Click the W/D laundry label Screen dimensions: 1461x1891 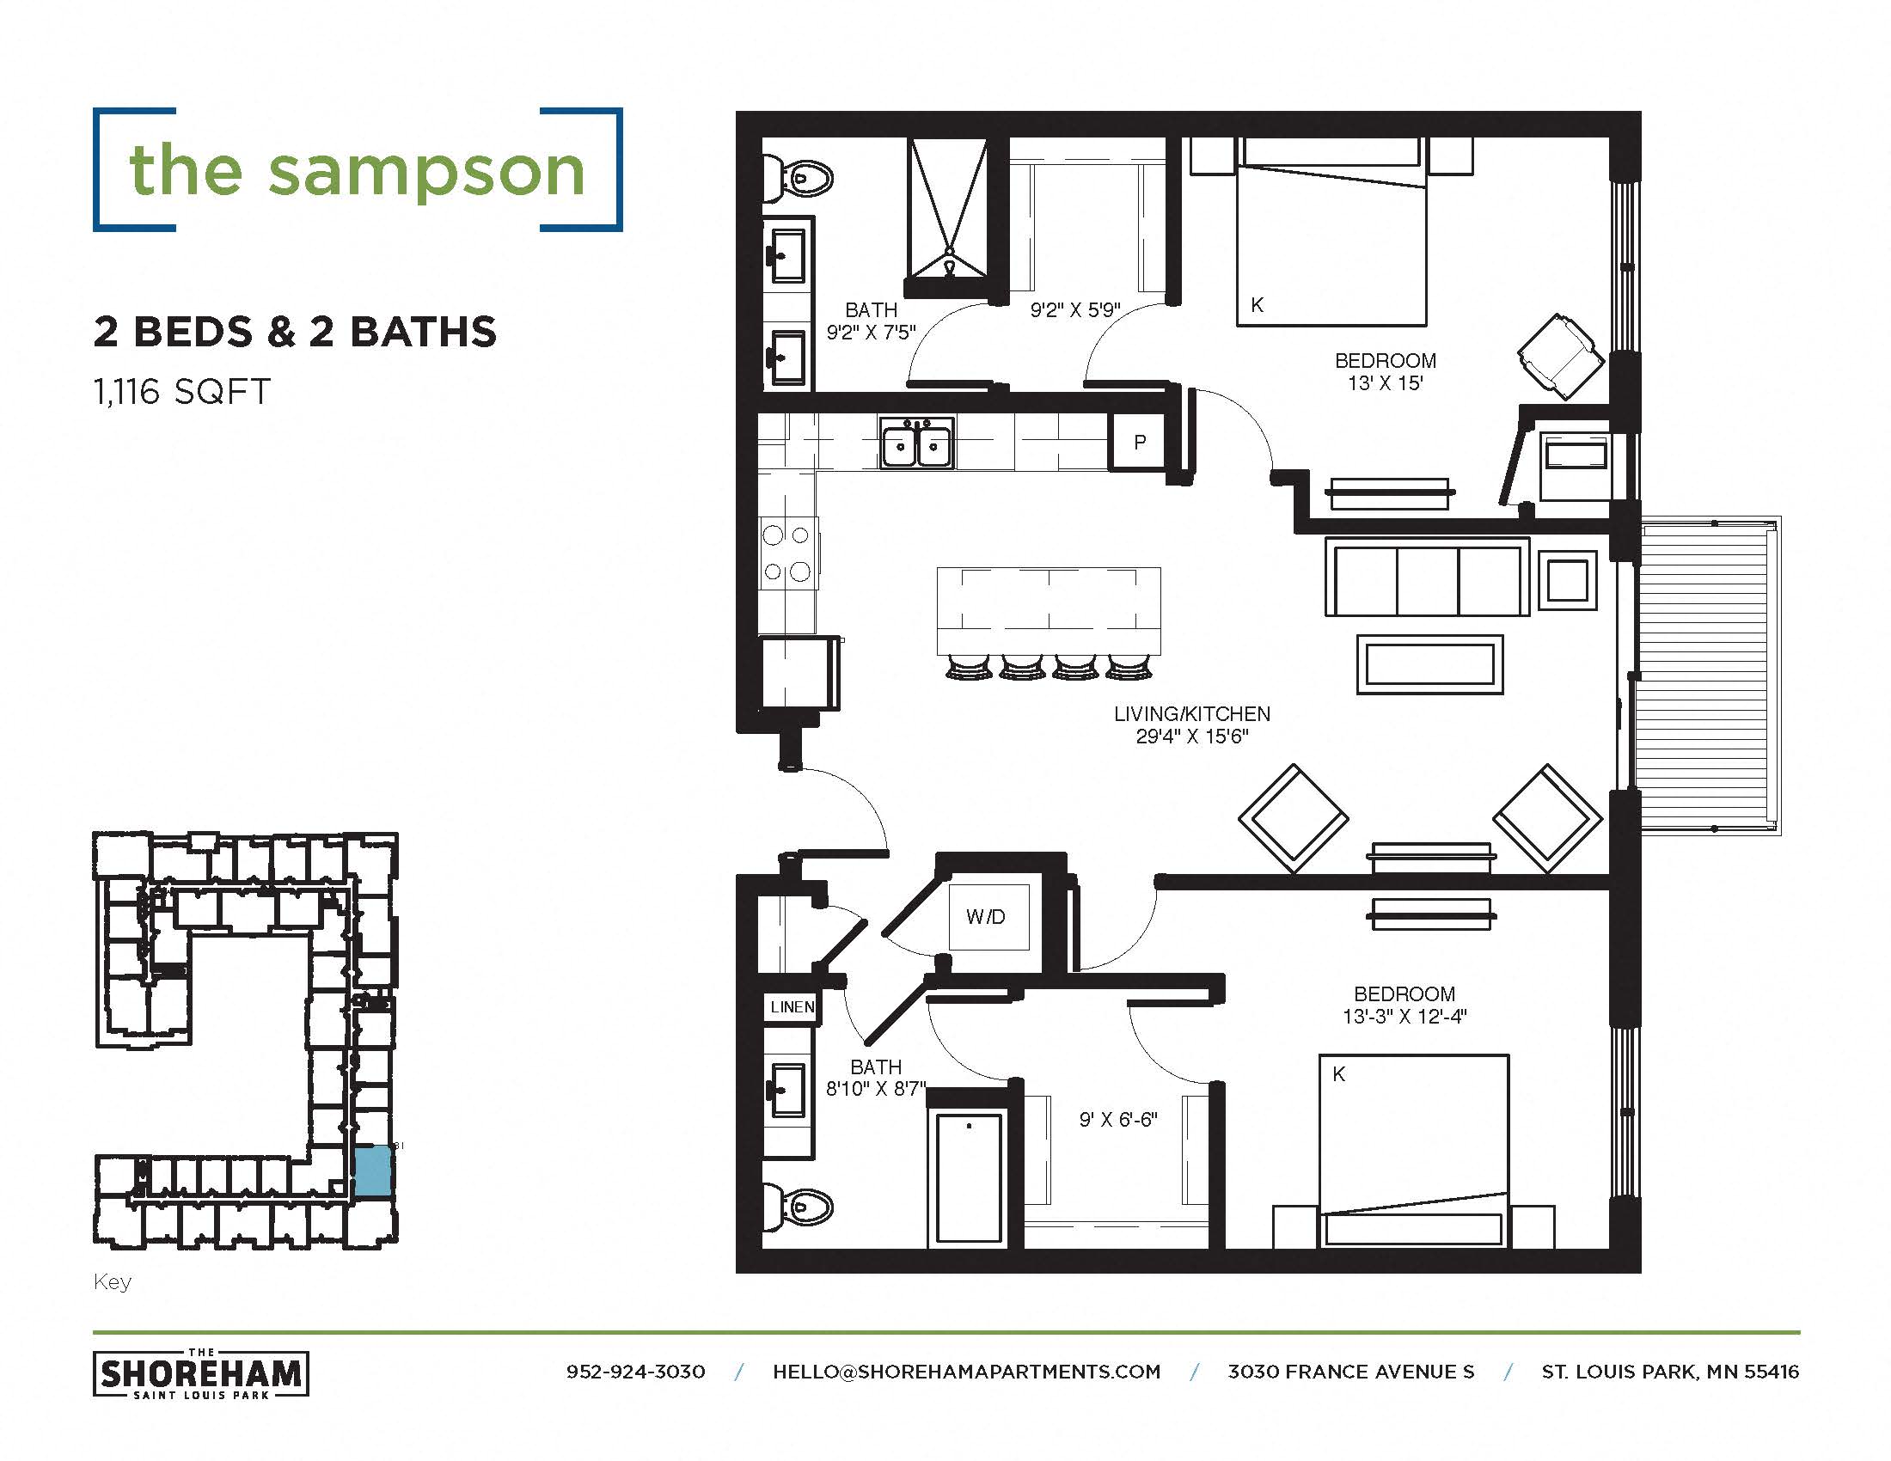point(985,917)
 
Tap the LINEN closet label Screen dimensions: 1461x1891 point(792,1006)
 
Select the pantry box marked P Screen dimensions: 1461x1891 point(1140,443)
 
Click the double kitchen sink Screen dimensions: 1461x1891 point(917,444)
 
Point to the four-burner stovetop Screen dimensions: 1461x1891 point(787,553)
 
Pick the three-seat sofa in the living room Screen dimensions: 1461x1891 point(1427,578)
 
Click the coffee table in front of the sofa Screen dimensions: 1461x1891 point(1429,664)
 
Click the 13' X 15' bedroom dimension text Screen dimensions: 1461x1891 point(1385,383)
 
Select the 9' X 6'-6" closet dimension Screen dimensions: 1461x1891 point(1117,1119)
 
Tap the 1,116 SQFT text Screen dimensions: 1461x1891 point(182,392)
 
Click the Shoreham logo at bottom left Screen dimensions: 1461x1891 point(201,1373)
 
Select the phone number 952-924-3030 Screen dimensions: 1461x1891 point(635,1372)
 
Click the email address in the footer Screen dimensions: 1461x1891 point(966,1372)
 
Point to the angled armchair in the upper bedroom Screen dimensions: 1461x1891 point(1560,357)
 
